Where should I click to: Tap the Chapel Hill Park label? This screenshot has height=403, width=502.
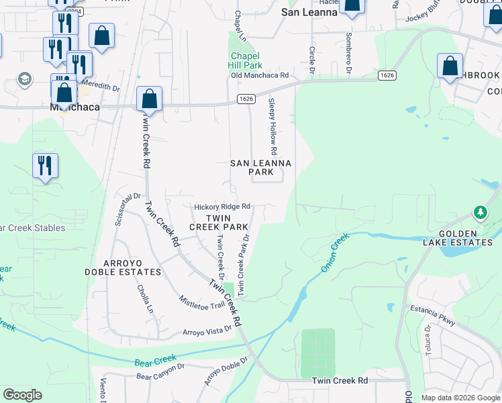tap(246, 61)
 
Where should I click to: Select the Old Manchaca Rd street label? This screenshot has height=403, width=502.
tap(260, 75)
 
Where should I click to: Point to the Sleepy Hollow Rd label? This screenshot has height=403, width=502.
tap(273, 124)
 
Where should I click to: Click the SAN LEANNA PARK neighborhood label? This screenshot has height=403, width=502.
tap(261, 167)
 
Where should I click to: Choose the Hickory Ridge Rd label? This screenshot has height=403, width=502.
tap(222, 206)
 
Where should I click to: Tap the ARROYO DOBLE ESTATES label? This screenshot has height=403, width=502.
tap(123, 267)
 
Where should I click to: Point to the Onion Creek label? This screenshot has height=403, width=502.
tap(336, 252)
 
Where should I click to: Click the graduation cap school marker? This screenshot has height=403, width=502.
tap(25, 79)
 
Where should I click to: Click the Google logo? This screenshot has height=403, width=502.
tap(22, 395)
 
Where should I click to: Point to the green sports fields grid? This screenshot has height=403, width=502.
tap(317, 353)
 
